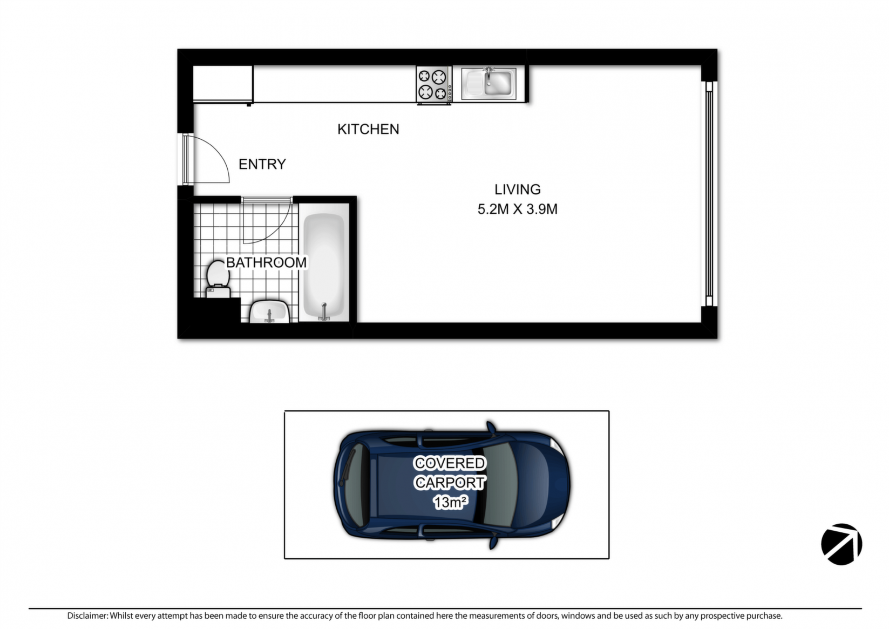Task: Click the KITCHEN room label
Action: pos(368,130)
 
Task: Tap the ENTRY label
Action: pos(262,164)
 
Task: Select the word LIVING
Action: pos(518,190)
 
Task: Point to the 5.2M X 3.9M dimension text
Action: pos(518,209)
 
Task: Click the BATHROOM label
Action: pos(266,262)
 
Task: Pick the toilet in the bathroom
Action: pos(218,279)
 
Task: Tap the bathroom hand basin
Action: pos(269,312)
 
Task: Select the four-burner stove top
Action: pos(434,85)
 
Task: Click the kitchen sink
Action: pos(489,84)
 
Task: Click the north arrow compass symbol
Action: pos(842,544)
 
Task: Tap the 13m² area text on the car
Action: pos(450,502)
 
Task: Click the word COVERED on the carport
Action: pos(449,463)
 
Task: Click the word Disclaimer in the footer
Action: pos(87,616)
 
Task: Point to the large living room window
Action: pos(709,194)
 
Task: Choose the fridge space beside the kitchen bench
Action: pos(222,84)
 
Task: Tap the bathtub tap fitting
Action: pos(324,312)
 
